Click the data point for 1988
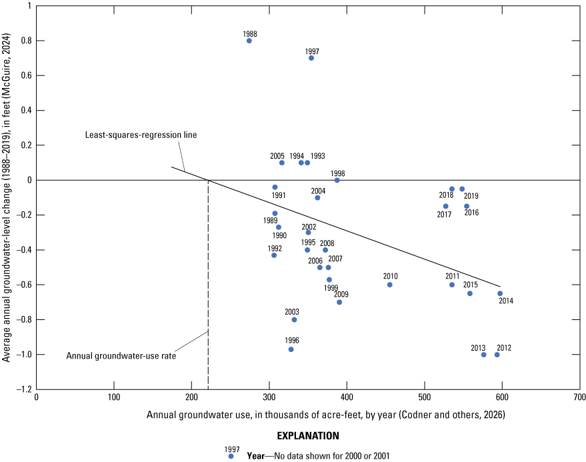coord(249,41)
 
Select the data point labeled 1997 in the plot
coord(311,58)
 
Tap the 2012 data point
coord(497,355)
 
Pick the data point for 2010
coord(390,285)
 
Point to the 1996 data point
coord(291,349)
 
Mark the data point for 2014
coord(500,293)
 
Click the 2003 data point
coord(294,320)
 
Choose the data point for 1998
coord(337,180)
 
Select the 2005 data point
coord(282,163)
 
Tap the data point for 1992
coord(274,255)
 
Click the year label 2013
coord(478,347)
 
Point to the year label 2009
coord(341,294)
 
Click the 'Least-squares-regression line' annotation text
coord(141,135)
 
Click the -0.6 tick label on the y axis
coord(23,285)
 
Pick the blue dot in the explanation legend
coord(231,457)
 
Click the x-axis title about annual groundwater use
coord(326,415)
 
